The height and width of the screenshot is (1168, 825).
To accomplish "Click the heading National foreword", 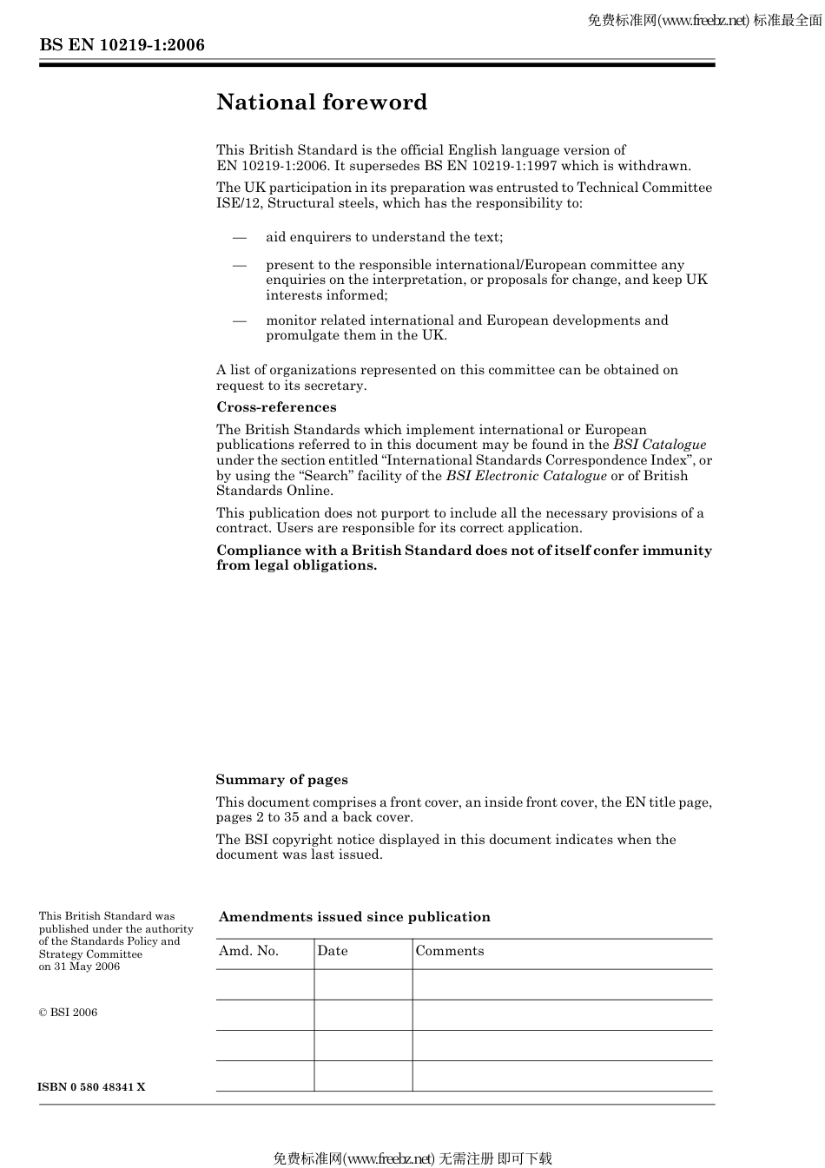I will pyautogui.click(x=321, y=102).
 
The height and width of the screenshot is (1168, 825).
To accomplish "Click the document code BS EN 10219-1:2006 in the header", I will pyautogui.click(x=122, y=45).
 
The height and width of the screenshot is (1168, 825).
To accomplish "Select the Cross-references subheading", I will pyautogui.click(x=276, y=407).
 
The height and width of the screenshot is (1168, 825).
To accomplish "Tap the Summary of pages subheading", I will pyautogui.click(x=281, y=780).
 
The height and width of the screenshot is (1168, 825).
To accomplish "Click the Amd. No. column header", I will pyautogui.click(x=248, y=951).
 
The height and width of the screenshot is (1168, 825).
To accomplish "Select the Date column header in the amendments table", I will pyautogui.click(x=333, y=951).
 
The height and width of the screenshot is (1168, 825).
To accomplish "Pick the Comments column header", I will pyautogui.click(x=450, y=951).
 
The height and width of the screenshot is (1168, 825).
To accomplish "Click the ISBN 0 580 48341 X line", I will pyautogui.click(x=91, y=1087).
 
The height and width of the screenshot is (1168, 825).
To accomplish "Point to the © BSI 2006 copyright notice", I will pyautogui.click(x=69, y=1013).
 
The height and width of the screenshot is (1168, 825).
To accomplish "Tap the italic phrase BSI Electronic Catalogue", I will pyautogui.click(x=526, y=476).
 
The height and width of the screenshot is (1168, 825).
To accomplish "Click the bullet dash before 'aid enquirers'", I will pyautogui.click(x=239, y=237).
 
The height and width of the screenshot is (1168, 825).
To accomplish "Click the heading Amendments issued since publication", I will pyautogui.click(x=354, y=917).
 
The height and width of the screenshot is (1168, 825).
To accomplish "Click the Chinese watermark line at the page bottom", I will pyautogui.click(x=412, y=1158).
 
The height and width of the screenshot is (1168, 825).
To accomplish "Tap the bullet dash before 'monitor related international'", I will pyautogui.click(x=239, y=320).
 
